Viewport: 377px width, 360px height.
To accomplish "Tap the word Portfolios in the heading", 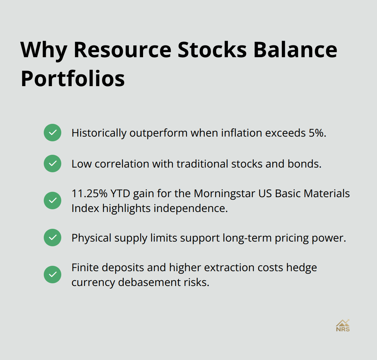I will pyautogui.click(x=73, y=79).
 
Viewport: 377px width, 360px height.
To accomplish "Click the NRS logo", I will pyautogui.click(x=343, y=325).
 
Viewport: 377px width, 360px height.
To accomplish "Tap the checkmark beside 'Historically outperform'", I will pyautogui.click(x=53, y=133).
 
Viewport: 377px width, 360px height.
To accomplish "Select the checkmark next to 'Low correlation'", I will pyautogui.click(x=53, y=164).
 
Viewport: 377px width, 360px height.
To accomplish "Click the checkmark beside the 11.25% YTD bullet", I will pyautogui.click(x=53, y=201).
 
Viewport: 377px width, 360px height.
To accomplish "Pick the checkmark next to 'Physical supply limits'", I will pyautogui.click(x=53, y=238).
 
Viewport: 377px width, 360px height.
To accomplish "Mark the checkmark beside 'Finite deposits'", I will pyautogui.click(x=53, y=275).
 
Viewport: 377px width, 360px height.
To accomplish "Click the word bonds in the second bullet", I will pyautogui.click(x=308, y=164).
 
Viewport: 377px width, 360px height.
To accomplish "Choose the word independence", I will pyautogui.click(x=191, y=208).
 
